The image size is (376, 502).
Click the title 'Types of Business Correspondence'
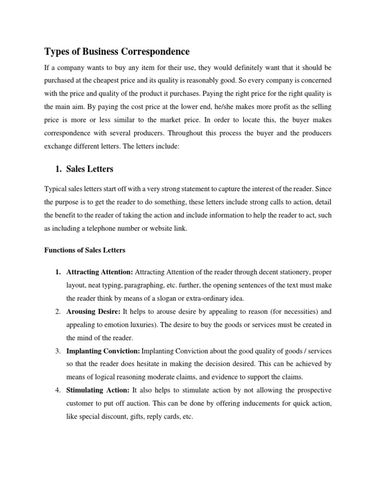click(x=117, y=51)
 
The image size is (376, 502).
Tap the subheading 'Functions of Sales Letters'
click(x=85, y=250)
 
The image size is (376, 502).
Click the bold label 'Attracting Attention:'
click(x=99, y=272)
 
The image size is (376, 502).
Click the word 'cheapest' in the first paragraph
click(x=123, y=79)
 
